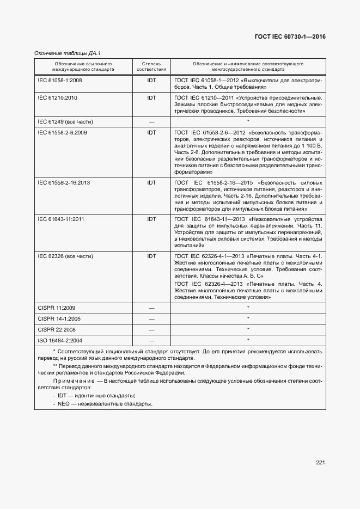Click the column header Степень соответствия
[x=151, y=67]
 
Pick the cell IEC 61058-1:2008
[x=59, y=80]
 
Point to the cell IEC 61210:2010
[x=57, y=98]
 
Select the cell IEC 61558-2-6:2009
[x=63, y=132]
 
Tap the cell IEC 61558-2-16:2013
[x=64, y=182]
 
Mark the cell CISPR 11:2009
[x=56, y=308]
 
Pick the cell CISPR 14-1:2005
[x=59, y=318]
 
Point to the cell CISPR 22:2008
[x=56, y=329]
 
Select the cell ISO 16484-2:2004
[x=59, y=340]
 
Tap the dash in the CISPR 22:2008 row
[x=151, y=329]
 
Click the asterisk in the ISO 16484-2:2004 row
[x=248, y=340]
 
